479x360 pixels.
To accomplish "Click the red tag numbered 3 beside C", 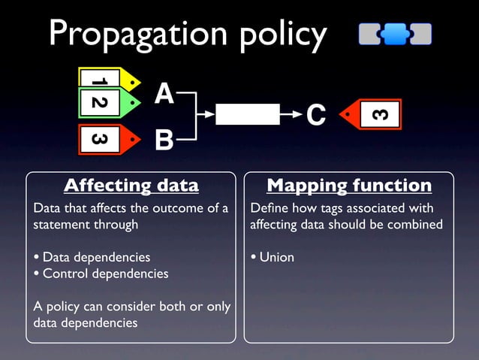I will click(x=372, y=115).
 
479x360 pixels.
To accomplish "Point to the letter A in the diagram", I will click(x=164, y=95).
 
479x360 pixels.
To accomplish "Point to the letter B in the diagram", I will click(x=164, y=140).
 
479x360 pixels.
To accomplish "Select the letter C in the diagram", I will click(x=316, y=116).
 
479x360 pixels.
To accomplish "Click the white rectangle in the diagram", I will click(x=247, y=114).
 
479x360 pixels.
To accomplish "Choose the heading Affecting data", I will click(x=131, y=186).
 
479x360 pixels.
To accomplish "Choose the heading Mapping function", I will click(x=349, y=186).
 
